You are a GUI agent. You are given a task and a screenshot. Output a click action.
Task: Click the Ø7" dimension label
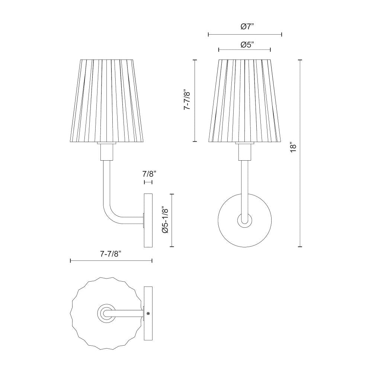[245, 26]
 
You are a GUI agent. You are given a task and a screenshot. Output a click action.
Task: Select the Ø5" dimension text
[245, 45]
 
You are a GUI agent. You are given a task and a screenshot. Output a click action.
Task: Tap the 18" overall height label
[293, 147]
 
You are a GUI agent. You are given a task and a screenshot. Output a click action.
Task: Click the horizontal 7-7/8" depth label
[111, 254]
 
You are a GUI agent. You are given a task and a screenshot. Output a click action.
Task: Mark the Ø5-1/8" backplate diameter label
[166, 220]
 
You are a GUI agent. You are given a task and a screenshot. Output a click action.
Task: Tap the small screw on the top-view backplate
[148, 314]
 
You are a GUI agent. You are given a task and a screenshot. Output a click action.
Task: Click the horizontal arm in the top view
[126, 314]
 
